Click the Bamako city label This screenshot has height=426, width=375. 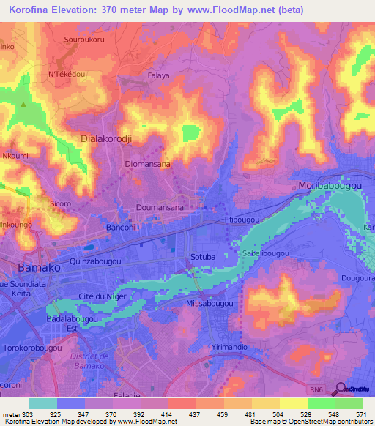(30, 268)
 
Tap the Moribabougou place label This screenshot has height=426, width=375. (330, 187)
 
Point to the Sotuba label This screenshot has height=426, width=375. (203, 257)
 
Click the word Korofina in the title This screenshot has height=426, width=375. (34, 11)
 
